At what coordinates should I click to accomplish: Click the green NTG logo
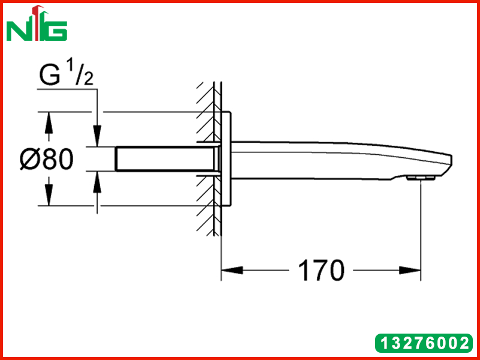[x=37, y=23]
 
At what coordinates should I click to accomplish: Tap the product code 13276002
[x=424, y=343]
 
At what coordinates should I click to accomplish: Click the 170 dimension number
[x=321, y=271]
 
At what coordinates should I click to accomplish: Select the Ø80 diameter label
[x=47, y=159]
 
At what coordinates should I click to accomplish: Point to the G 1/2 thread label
[x=66, y=75]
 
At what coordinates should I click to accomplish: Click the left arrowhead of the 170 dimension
[x=232, y=271]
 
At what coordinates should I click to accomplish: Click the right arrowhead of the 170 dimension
[x=410, y=271]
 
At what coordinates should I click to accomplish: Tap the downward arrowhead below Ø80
[x=49, y=195]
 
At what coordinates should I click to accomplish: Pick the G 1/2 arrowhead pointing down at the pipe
[x=97, y=136]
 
